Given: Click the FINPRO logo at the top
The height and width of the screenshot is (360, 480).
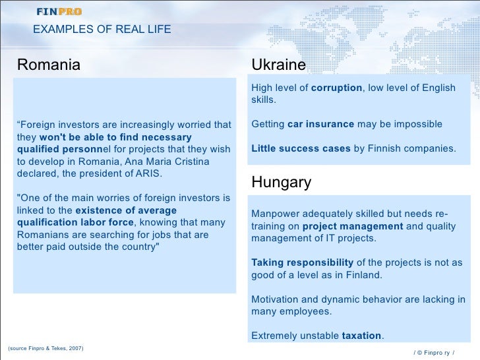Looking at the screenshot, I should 59,11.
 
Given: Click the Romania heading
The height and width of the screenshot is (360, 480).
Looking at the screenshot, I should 48,65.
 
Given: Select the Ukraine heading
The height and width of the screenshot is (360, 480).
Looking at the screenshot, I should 278,65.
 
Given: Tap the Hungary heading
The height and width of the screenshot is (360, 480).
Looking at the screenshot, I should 281,183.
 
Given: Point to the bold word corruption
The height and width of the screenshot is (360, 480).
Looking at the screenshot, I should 336,88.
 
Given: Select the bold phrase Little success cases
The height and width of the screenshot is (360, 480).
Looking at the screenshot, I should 301,148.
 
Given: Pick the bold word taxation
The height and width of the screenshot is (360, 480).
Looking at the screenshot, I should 361,335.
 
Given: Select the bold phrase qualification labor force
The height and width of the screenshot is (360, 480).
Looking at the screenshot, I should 75,222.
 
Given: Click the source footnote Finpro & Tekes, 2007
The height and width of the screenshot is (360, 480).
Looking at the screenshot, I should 45,348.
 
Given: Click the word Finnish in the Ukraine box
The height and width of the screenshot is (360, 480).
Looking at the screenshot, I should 385,148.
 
